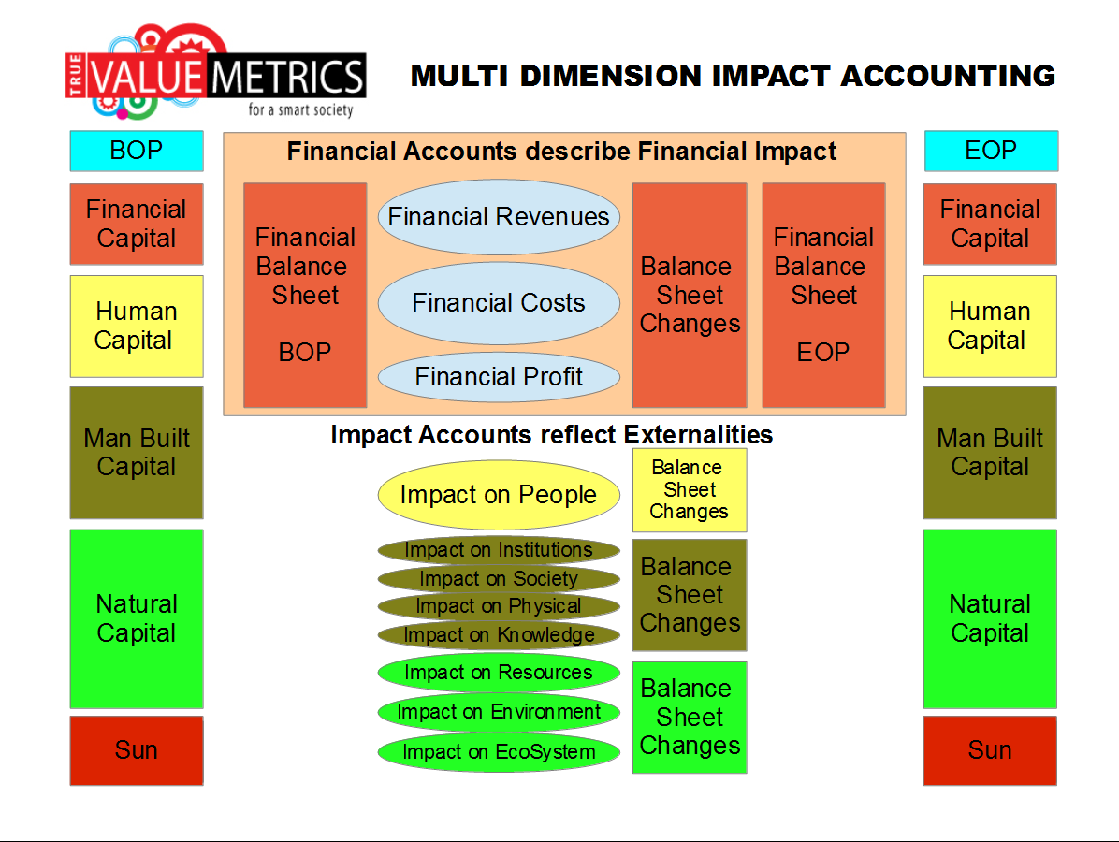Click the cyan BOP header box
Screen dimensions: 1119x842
click(x=137, y=151)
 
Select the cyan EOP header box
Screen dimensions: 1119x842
click(x=991, y=151)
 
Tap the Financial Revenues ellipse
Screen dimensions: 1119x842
click(x=499, y=217)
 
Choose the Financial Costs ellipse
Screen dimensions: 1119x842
click(x=499, y=302)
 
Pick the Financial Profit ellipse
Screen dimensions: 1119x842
click(x=499, y=376)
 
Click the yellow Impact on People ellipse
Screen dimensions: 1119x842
click(x=499, y=495)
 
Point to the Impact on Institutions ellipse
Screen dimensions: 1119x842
click(x=499, y=550)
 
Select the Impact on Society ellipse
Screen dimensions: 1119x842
click(x=499, y=579)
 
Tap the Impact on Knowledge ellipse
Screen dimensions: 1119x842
click(x=499, y=634)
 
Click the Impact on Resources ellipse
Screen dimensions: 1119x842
click(x=499, y=672)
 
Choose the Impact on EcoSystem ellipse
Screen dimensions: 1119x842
click(x=499, y=751)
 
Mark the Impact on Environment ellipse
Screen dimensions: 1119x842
click(x=499, y=711)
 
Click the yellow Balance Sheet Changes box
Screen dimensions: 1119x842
click(x=690, y=490)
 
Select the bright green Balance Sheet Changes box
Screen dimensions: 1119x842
click(x=690, y=718)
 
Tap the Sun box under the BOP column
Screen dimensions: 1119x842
click(x=137, y=750)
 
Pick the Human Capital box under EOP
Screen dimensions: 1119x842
click(x=990, y=327)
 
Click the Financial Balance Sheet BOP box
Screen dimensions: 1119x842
click(x=305, y=295)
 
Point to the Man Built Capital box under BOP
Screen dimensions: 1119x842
click(x=137, y=453)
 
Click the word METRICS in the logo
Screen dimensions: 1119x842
click(x=287, y=77)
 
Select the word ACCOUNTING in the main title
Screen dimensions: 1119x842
click(x=948, y=77)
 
